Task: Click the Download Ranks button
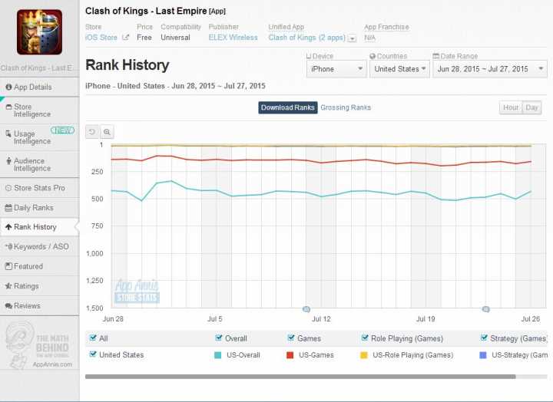click(288, 107)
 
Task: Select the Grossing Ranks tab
click(345, 107)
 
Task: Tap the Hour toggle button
click(511, 108)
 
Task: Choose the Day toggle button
click(532, 108)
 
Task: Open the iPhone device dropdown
click(337, 69)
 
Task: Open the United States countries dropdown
click(399, 69)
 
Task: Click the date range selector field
click(489, 69)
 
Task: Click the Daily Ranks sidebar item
click(34, 208)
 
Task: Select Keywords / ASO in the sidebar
click(41, 247)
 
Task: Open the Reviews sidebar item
click(27, 306)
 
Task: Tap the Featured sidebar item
click(28, 266)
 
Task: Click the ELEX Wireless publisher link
click(233, 38)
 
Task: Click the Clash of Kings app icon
click(40, 31)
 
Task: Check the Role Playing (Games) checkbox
click(365, 338)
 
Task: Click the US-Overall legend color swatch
click(218, 355)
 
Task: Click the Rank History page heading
click(127, 65)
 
